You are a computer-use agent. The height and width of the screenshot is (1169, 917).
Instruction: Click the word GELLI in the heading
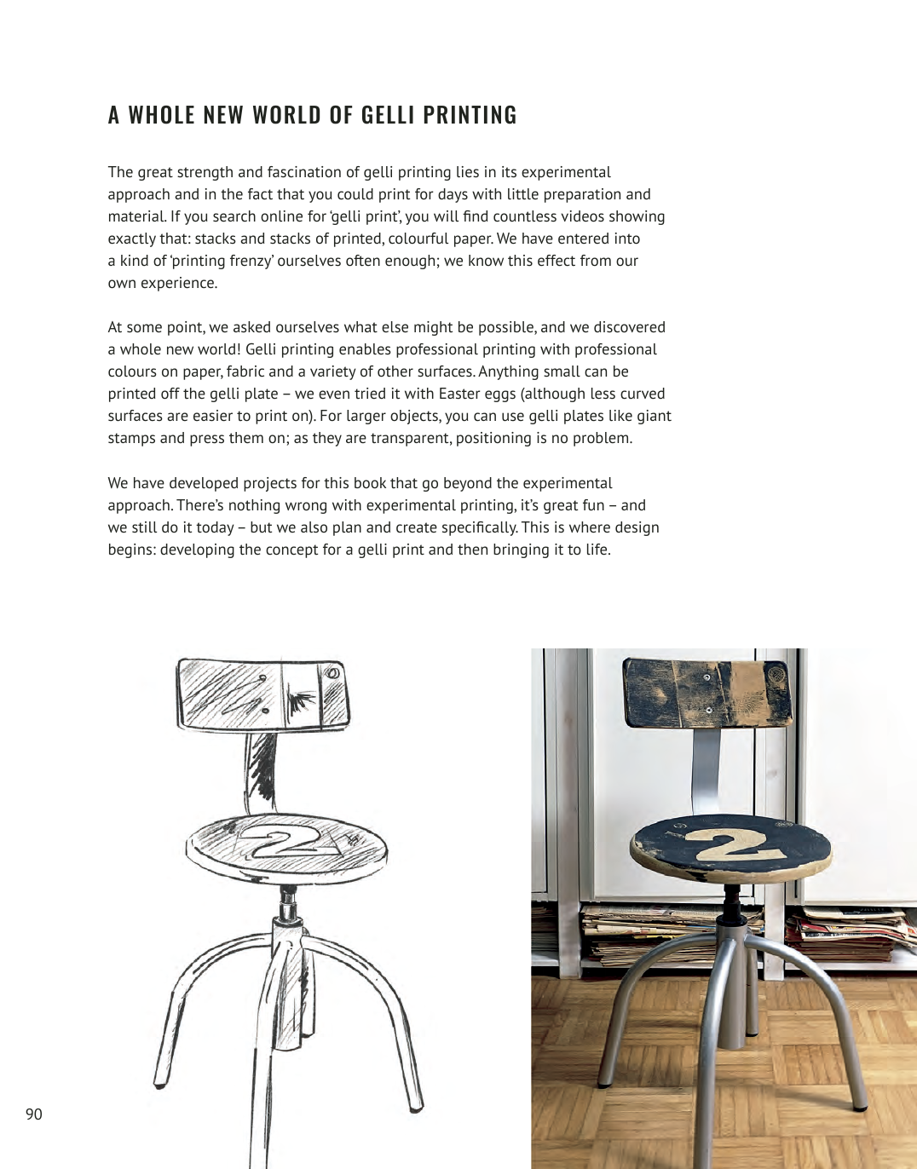click(388, 115)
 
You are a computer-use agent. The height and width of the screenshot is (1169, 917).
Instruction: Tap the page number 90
click(34, 1114)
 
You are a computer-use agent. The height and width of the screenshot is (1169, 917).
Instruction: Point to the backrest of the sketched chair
click(262, 694)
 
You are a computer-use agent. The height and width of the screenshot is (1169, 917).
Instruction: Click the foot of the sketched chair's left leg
click(159, 1084)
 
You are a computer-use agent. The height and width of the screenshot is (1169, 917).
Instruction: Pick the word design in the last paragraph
click(636, 527)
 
